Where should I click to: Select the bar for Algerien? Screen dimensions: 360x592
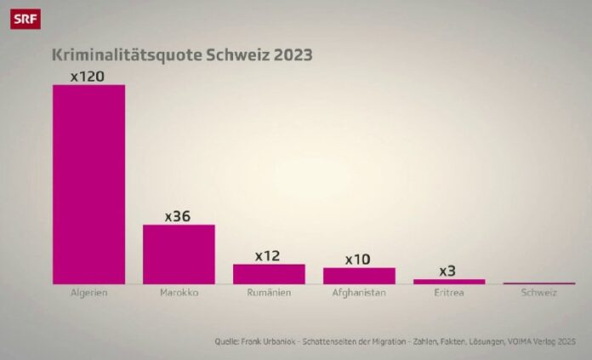[x=88, y=183]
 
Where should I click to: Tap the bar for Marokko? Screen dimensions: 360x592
[x=179, y=254]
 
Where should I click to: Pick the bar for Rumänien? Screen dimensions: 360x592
[x=269, y=273]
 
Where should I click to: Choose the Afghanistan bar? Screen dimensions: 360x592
[x=359, y=275]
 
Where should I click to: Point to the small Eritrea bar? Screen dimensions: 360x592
[x=449, y=281]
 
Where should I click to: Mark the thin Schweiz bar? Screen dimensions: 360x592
[x=539, y=283]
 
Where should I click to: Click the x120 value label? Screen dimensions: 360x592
[x=88, y=77]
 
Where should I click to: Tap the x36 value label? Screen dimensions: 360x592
[x=179, y=216]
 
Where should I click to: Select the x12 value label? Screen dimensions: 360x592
[x=269, y=255]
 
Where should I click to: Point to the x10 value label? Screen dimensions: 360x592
[x=359, y=259]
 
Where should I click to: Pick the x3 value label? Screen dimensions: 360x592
[x=448, y=271]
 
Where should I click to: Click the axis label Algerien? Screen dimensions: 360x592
[x=88, y=294]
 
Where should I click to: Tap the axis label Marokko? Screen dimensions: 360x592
[x=179, y=294]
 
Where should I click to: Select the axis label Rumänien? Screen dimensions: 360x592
[x=269, y=294]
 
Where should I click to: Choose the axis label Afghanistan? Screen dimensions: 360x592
[x=359, y=294]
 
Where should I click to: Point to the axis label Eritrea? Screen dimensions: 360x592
[x=449, y=294]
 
